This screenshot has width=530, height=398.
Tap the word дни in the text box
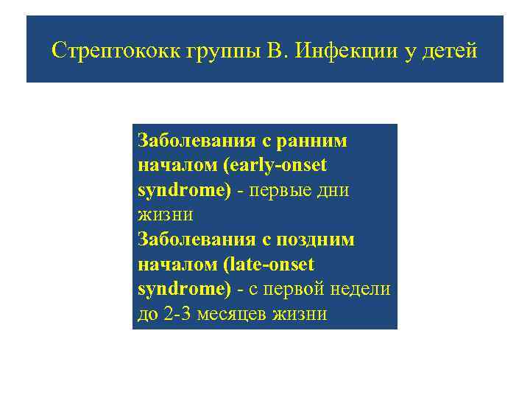pyautogui.click(x=333, y=190)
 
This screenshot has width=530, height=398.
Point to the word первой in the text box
pyautogui.click(x=303, y=290)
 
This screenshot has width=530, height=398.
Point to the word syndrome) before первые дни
pyautogui.click(x=185, y=190)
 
